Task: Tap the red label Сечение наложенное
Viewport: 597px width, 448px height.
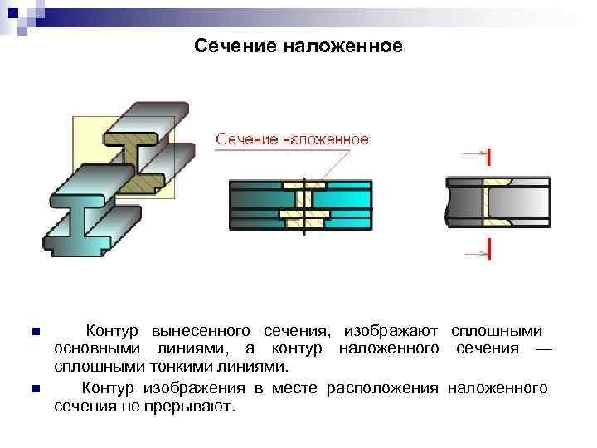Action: pyautogui.click(x=293, y=140)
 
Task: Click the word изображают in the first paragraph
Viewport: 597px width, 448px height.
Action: pyautogui.click(x=391, y=331)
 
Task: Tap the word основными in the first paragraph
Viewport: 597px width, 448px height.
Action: pyautogui.click(x=96, y=348)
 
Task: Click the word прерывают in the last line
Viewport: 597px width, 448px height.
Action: pyautogui.click(x=198, y=406)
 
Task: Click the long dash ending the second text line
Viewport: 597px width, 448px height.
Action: pyautogui.click(x=542, y=348)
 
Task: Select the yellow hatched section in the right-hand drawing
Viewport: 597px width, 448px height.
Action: pyautogui.click(x=497, y=202)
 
